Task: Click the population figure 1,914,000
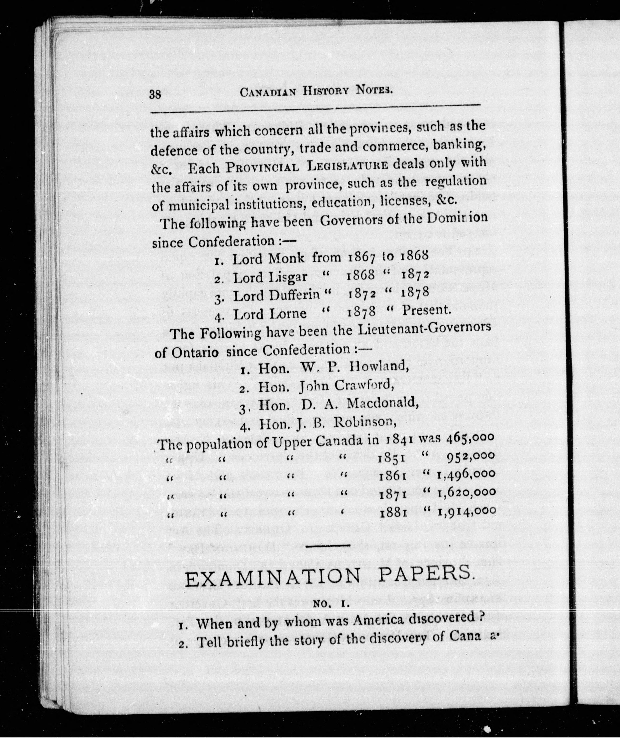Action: point(466,511)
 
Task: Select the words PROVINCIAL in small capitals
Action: point(263,167)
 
